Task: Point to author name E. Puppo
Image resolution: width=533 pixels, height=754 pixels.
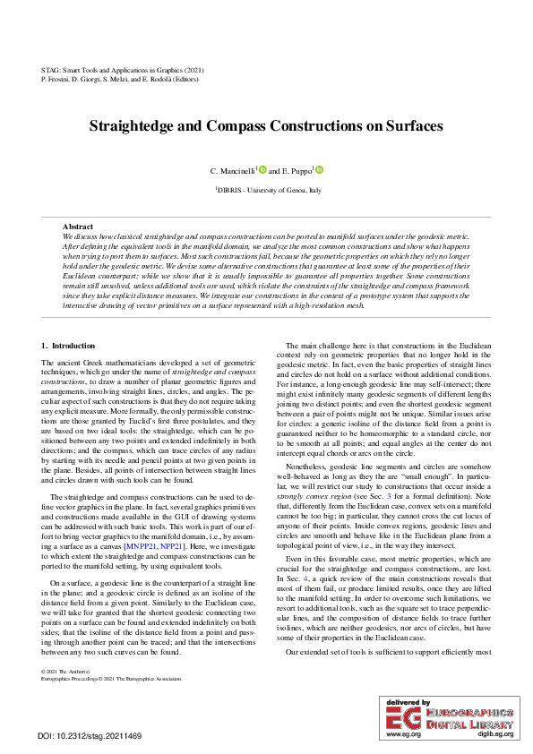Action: (296, 170)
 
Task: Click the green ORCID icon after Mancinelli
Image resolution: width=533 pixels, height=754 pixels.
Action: (262, 168)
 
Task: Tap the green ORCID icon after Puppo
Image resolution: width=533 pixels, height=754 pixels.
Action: (319, 168)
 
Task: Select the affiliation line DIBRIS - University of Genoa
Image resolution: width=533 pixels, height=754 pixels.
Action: (268, 190)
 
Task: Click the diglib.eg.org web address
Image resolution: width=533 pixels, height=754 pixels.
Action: (495, 733)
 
